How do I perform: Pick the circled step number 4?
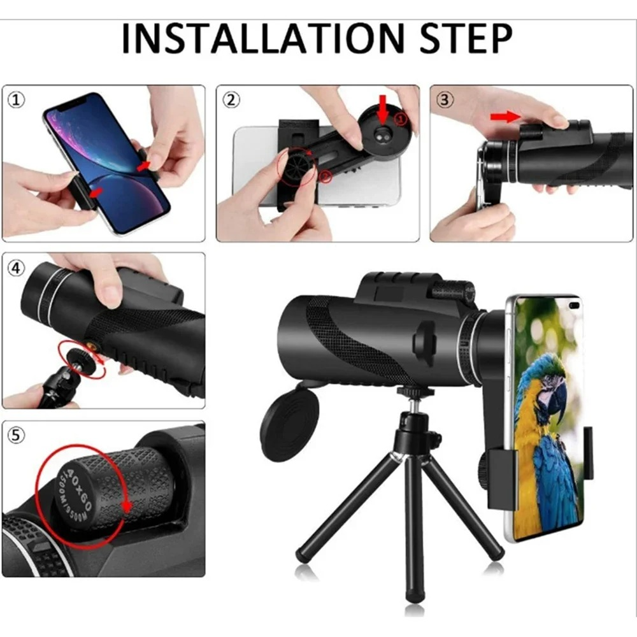(17, 268)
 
